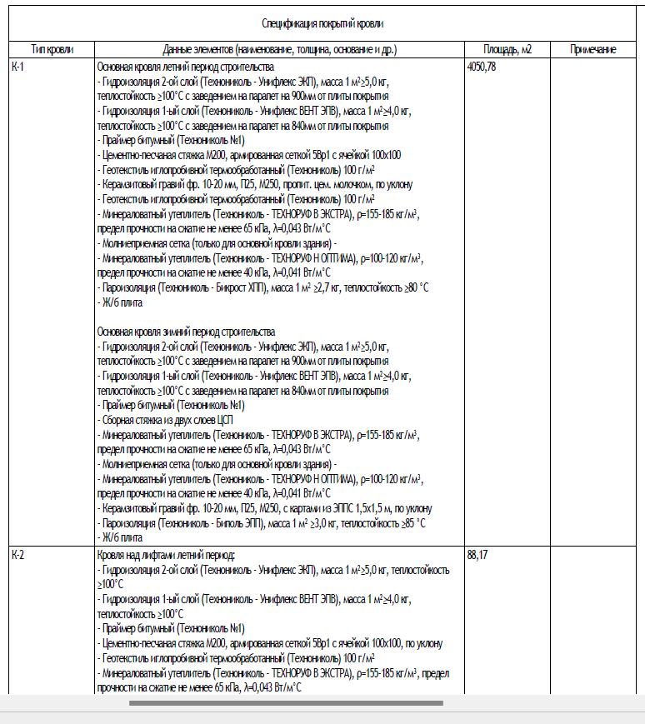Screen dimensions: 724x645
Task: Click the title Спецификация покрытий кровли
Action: tap(322, 24)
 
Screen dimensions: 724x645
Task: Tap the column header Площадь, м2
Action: tap(507, 50)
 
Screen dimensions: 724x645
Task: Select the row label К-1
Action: tap(18, 66)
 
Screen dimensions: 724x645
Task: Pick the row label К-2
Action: tap(18, 554)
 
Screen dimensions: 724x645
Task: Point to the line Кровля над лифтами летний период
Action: tap(167, 554)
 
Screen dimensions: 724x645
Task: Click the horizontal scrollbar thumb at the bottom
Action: tap(286, 703)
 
